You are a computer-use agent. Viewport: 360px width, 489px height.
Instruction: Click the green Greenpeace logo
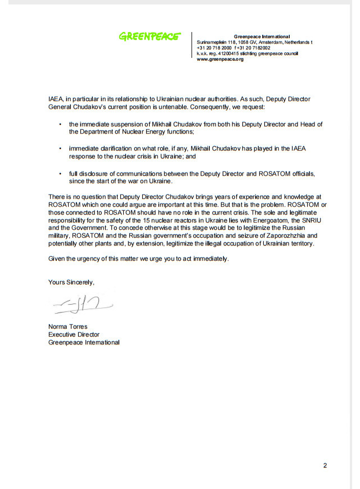tap(149, 37)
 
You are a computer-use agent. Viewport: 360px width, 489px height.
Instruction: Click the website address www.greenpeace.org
tap(220, 59)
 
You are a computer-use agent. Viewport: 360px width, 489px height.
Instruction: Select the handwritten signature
tap(83, 305)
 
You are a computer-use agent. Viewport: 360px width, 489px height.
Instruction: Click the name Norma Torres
tap(68, 327)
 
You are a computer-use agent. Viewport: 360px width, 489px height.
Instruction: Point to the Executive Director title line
tap(74, 334)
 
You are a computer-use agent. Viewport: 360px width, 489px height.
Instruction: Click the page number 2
tap(325, 465)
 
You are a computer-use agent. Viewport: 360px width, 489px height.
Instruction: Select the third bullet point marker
tap(60, 174)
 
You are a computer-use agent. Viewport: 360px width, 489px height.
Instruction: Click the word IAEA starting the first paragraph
tap(55, 99)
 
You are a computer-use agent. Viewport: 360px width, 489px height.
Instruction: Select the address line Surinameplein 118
tap(254, 42)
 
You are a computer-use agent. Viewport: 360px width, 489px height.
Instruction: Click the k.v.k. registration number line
tap(247, 53)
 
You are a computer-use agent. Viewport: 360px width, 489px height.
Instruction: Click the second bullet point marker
tap(60, 148)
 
